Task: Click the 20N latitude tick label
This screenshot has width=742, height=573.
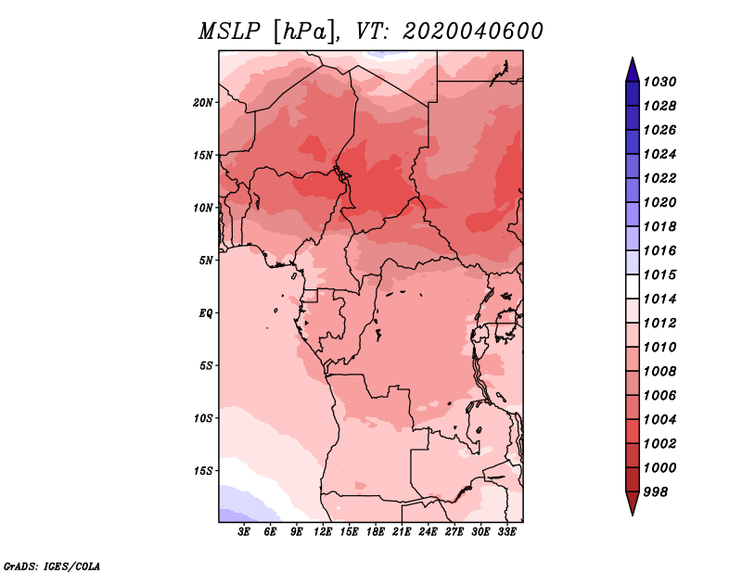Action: coord(203,103)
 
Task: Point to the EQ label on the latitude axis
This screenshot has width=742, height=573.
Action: coord(206,313)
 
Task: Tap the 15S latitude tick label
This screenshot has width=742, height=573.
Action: coord(203,471)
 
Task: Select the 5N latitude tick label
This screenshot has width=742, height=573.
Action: coord(206,261)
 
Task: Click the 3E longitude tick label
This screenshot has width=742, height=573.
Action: coord(244,532)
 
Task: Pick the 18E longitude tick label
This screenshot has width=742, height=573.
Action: coord(376,532)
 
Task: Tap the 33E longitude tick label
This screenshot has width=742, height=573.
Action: coord(506,532)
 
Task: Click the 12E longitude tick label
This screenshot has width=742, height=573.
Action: coord(323,532)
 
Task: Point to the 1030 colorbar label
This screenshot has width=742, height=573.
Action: coord(659,82)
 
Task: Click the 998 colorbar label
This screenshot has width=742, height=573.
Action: coord(656,492)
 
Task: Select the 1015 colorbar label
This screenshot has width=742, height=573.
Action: coord(659,274)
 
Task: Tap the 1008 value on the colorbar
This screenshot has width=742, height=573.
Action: coord(659,372)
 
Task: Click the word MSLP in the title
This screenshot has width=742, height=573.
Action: coord(229,32)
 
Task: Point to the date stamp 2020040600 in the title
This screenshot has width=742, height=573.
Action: coord(472,32)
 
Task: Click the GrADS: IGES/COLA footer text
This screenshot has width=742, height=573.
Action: coord(52,567)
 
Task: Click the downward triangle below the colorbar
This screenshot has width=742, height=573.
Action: coord(633,503)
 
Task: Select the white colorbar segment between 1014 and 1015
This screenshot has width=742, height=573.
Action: coord(633,286)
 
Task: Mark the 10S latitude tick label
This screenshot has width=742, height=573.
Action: coord(203,418)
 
